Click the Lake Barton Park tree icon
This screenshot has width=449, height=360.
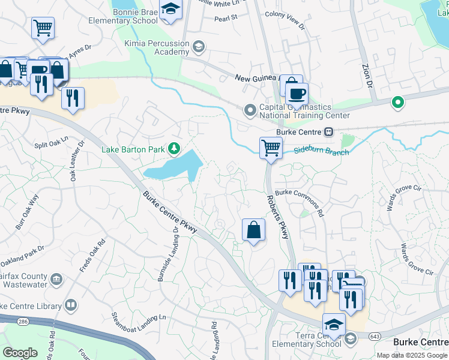click(174, 148)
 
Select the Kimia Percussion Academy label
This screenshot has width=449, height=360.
click(156, 47)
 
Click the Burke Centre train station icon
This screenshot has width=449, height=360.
click(328, 132)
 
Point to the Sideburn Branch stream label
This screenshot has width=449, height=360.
click(322, 152)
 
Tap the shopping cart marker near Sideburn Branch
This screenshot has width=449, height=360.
click(271, 146)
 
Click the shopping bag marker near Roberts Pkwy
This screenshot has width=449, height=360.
click(254, 230)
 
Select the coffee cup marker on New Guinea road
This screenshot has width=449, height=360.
click(297, 94)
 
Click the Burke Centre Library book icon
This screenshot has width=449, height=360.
click(71, 306)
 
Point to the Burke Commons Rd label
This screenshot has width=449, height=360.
click(300, 203)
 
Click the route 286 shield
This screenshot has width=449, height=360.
click(23, 322)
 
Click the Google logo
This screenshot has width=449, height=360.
click(21, 352)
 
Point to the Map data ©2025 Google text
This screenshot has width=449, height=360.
click(411, 355)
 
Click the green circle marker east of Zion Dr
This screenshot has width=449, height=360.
click(397, 103)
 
